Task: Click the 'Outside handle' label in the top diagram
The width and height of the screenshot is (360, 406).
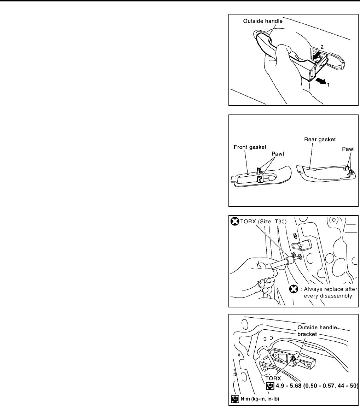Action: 263,21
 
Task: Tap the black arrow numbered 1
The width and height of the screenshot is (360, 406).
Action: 321,81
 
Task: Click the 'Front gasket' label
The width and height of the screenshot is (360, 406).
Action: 250,147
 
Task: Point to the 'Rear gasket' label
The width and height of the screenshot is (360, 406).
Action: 320,140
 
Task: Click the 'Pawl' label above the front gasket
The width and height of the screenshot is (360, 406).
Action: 278,154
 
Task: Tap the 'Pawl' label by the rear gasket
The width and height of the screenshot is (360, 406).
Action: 348,149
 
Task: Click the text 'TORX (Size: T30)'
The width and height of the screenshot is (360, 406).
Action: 263,222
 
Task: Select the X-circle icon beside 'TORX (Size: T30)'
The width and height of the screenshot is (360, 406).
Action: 235,222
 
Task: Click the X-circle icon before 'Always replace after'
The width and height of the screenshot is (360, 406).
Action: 294,289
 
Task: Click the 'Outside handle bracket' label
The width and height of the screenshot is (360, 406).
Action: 317,331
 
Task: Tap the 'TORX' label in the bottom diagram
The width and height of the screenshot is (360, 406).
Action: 273,378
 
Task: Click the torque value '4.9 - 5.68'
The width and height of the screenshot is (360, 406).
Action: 289,386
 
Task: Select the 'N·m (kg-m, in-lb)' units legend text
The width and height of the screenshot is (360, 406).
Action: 260,399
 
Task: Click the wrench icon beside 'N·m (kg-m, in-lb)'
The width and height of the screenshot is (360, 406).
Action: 235,399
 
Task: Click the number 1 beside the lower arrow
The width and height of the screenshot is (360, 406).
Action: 329,85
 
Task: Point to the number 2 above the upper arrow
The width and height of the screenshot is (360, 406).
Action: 322,47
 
